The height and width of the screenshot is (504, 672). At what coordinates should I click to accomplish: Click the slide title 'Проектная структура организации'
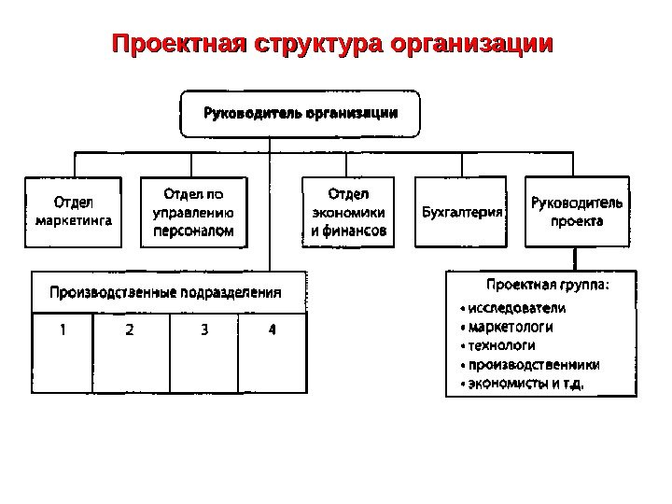tap(332, 44)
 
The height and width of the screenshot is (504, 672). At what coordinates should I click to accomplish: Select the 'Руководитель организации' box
tap(300, 114)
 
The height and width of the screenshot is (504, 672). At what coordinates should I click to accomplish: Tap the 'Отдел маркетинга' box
tap(73, 212)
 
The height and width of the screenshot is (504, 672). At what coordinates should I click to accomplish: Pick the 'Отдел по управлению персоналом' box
tap(194, 212)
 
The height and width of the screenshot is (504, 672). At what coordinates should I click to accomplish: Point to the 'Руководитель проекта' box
tap(577, 212)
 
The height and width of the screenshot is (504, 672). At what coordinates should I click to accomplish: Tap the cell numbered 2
tap(130, 329)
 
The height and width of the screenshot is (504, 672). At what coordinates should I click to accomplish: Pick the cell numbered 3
tap(203, 329)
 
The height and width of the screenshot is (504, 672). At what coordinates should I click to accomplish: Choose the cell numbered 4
tap(272, 329)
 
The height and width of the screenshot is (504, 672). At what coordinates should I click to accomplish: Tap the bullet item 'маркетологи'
tap(511, 327)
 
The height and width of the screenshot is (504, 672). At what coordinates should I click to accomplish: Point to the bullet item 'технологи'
tap(505, 345)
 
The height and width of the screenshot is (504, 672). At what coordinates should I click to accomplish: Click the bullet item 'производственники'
tap(533, 364)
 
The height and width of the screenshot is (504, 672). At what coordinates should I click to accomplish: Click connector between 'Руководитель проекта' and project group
tap(576, 259)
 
